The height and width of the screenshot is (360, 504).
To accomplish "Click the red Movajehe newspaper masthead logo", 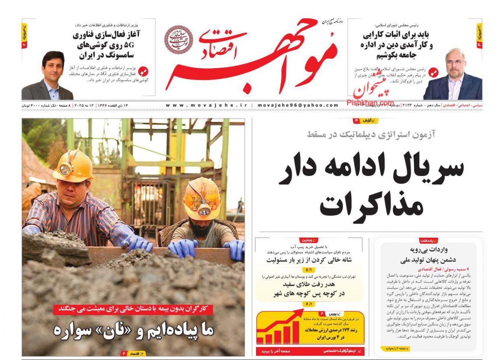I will (x=250, y=57).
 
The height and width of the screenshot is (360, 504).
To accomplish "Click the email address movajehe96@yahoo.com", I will (x=298, y=105).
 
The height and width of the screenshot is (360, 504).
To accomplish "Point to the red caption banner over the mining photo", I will (x=133, y=309).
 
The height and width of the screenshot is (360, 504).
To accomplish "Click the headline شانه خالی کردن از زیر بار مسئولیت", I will (x=309, y=260).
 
